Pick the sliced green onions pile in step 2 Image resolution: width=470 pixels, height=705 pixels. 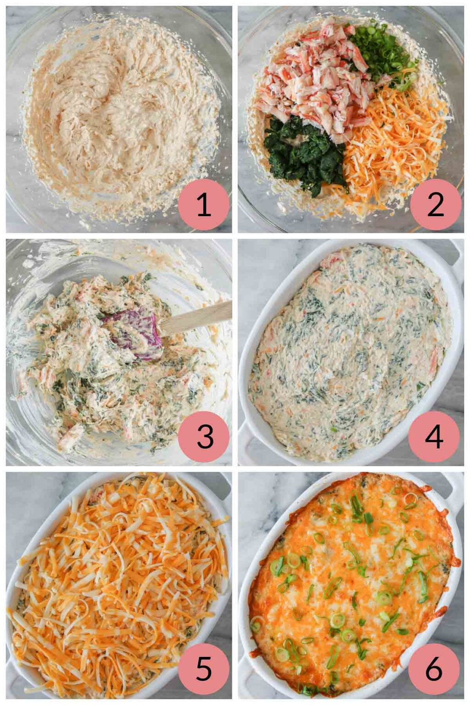(381, 50)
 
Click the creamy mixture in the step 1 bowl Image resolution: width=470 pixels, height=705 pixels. (115, 115)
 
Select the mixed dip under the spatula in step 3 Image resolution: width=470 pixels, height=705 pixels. (92, 367)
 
